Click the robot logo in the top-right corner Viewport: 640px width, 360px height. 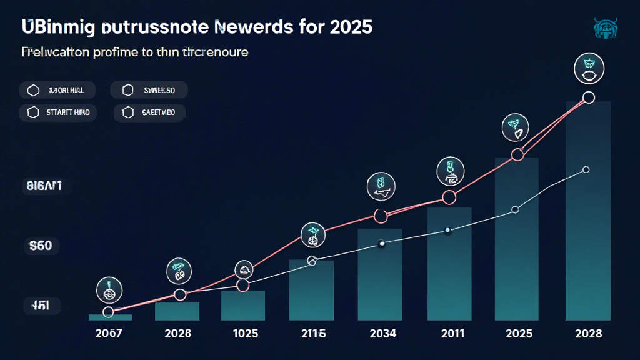pos(604,29)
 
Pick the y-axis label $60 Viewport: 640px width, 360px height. pos(39,246)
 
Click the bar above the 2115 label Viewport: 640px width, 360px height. pos(312,290)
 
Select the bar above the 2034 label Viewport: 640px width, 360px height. pos(380,274)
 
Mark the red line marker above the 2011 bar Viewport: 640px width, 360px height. pos(448,197)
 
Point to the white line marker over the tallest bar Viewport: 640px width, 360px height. pos(586,169)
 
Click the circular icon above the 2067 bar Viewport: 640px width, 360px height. pos(109,291)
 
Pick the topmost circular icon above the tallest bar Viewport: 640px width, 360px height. pos(587,67)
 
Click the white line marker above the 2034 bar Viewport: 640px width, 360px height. pos(381,244)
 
